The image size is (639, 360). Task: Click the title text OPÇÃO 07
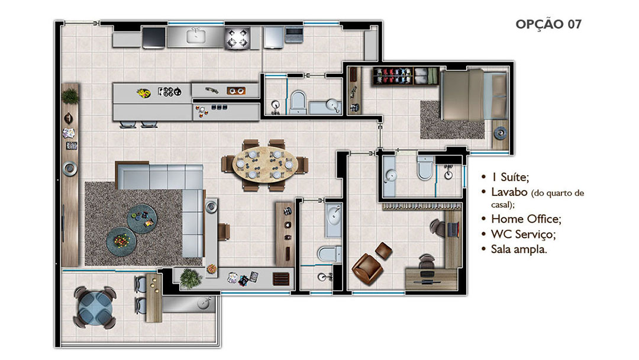point(548,24)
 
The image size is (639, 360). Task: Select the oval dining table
point(265,164)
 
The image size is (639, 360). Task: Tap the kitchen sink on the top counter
point(196,36)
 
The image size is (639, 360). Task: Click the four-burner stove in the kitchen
point(237,38)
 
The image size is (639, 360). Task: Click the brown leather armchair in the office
point(366,269)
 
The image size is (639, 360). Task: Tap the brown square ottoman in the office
point(383,250)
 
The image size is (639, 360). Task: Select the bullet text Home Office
point(526,219)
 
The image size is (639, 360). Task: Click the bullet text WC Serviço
point(523,234)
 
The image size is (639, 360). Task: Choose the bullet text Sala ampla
point(519,249)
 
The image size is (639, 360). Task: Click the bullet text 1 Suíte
point(510,177)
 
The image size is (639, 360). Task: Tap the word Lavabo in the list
point(509,192)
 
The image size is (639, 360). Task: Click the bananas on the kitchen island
point(143,94)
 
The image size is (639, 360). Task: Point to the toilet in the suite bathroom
point(425,168)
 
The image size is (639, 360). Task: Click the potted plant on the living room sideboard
point(70,97)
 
